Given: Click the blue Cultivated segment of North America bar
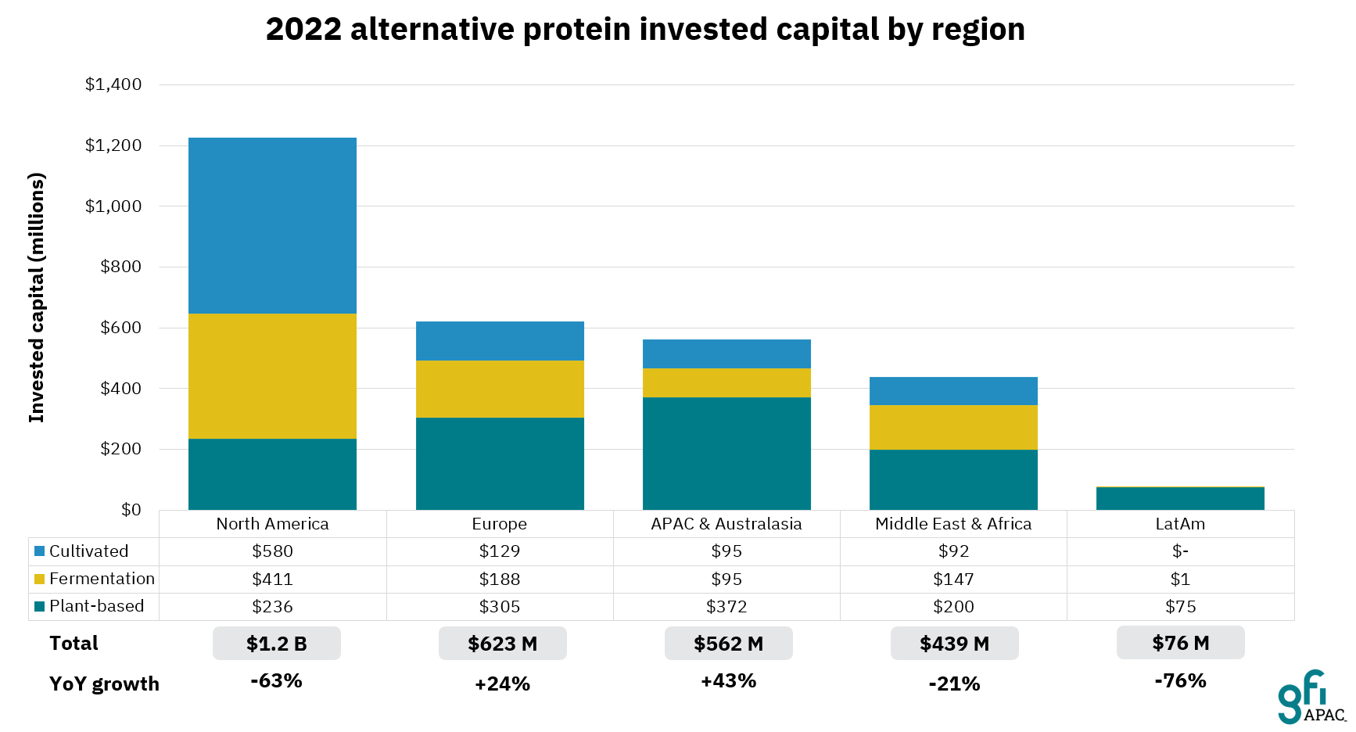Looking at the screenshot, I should tap(272, 225).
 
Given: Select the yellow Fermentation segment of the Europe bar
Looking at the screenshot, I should tap(500, 389).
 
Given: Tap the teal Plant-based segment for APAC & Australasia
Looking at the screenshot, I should tap(726, 454).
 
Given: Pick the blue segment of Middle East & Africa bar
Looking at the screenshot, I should tap(953, 391).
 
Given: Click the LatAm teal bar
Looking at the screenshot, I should tap(1180, 498).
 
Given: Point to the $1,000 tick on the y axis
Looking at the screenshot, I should tap(113, 206).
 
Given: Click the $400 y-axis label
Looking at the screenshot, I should tap(120, 389).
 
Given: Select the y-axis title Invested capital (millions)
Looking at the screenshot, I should tap(37, 297).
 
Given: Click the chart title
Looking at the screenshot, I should tap(645, 30).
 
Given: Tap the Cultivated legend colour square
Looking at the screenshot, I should tap(39, 551).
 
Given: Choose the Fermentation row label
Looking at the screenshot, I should tap(102, 579).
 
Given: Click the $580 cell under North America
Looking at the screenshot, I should tap(272, 551).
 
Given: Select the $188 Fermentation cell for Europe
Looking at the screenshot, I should tap(500, 579).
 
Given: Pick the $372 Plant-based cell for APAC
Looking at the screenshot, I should tap(726, 607).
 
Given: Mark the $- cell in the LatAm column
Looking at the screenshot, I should tap(1180, 551).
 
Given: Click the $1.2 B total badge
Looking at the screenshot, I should tap(277, 644).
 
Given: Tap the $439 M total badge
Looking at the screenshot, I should tap(954, 644).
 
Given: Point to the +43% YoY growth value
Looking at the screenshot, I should tap(728, 681).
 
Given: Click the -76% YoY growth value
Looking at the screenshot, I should tap(1180, 681).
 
